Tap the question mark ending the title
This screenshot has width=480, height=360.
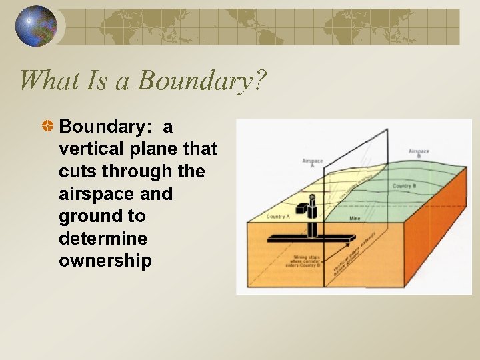coord(260,80)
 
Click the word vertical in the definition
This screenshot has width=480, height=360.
coord(87,149)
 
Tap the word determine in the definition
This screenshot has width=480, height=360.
coord(97,238)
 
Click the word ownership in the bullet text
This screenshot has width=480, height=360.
coord(105,260)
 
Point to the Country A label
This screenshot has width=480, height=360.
coord(277,217)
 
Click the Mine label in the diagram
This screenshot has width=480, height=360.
coord(355,218)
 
